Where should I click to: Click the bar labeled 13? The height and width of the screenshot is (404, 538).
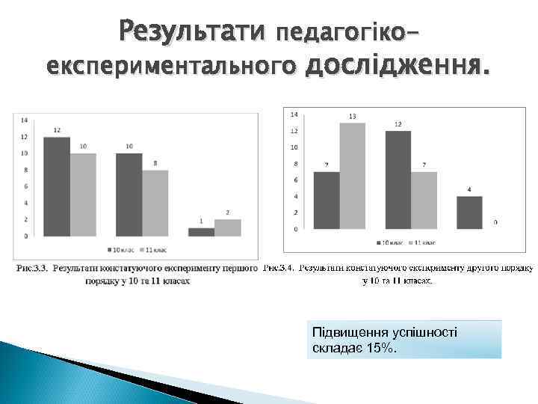pos(352,176)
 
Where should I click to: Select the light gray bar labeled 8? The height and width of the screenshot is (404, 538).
pos(155,203)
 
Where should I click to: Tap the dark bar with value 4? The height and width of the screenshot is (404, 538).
pos(469,212)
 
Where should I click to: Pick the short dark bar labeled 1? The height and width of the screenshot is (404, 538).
pos(201,232)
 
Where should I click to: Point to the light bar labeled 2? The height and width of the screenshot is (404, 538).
pos(227,227)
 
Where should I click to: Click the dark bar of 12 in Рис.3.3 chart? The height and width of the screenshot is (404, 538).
pos(57,186)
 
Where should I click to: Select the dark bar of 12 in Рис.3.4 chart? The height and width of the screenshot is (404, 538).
pos(398,180)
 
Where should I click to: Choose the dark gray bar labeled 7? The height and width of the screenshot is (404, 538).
pos(327,200)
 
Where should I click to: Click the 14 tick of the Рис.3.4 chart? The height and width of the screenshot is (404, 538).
pos(294,114)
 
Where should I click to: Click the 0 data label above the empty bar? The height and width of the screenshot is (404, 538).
pos(496,222)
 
